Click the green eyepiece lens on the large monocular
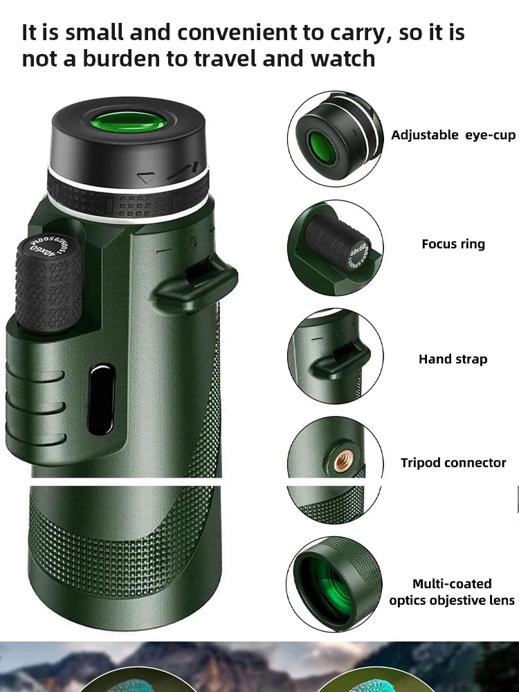(x=129, y=122)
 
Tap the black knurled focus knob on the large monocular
(x=48, y=284)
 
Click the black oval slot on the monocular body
(x=102, y=399)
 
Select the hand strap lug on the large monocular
(x=197, y=284)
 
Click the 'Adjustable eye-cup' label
(x=453, y=135)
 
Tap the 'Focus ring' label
(x=453, y=244)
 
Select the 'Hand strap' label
(x=453, y=359)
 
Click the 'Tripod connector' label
(x=453, y=463)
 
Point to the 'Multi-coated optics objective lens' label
(x=452, y=592)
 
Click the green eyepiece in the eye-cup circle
(x=321, y=147)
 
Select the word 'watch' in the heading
(x=343, y=59)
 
